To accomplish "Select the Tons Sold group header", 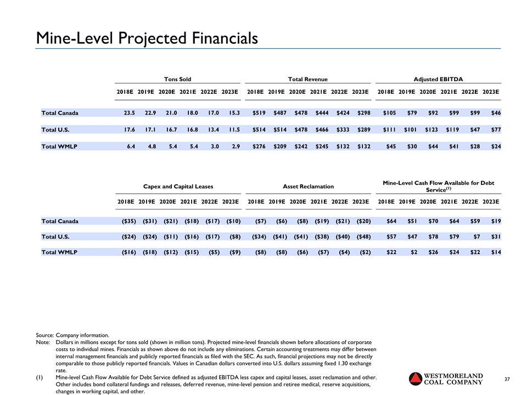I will tap(178, 80).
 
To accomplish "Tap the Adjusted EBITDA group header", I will tap(439, 80).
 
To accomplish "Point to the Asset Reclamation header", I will tap(308, 187).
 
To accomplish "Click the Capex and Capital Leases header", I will tap(178, 187).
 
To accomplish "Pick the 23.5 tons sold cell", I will tap(125, 113).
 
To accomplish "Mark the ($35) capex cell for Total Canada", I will tap(126, 221).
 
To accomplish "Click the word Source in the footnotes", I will tap(45, 335).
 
